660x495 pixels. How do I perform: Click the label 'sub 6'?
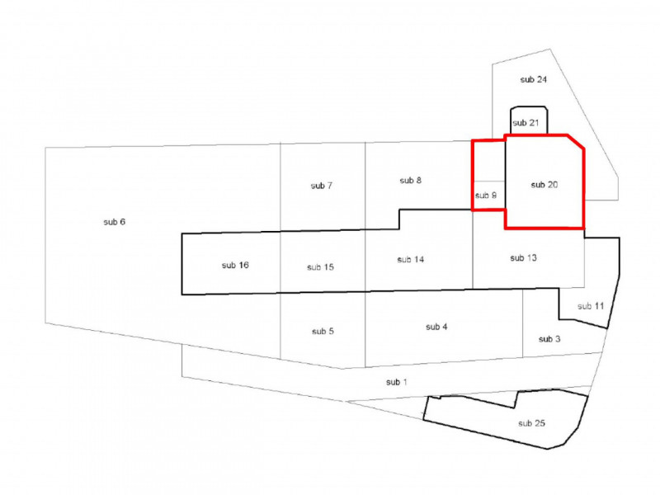coord(115,223)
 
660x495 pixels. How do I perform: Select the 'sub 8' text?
coord(411,180)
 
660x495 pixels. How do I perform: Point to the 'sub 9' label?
coord(486,196)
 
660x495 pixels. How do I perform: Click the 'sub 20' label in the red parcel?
coord(544,185)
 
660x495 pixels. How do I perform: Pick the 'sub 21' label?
coord(526,123)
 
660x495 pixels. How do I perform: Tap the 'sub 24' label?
coord(534,79)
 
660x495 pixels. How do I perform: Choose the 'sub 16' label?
coord(235,265)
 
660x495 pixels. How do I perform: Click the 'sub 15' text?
coord(320,266)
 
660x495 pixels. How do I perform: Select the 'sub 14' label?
coord(410,259)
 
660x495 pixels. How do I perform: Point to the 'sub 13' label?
coord(524,258)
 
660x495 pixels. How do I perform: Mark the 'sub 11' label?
coord(591,306)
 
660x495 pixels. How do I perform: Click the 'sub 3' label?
coord(549,339)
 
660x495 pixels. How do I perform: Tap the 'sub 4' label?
coord(436,328)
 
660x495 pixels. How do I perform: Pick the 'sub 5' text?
coord(323,331)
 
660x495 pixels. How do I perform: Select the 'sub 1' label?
coord(397,382)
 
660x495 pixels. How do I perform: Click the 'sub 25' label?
coord(531,423)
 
